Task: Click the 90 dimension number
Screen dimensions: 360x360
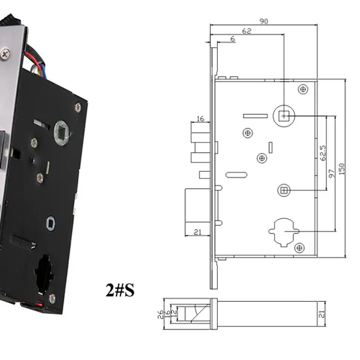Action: pyautogui.click(x=263, y=22)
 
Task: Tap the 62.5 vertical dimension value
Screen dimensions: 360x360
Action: pyautogui.click(x=323, y=153)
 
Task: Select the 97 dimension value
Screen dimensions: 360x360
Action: pyautogui.click(x=331, y=173)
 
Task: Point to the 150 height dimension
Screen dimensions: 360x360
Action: pyautogui.click(x=341, y=169)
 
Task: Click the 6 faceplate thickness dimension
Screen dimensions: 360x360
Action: pyautogui.click(x=233, y=39)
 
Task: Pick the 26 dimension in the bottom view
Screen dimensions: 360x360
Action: pyautogui.click(x=160, y=314)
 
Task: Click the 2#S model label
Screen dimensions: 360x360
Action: pyautogui.click(x=120, y=290)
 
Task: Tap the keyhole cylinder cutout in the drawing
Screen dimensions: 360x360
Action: pyautogui.click(x=284, y=232)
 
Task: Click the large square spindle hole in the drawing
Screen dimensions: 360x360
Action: pyautogui.click(x=284, y=116)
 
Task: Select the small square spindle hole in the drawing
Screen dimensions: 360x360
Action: pyautogui.click(x=284, y=190)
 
